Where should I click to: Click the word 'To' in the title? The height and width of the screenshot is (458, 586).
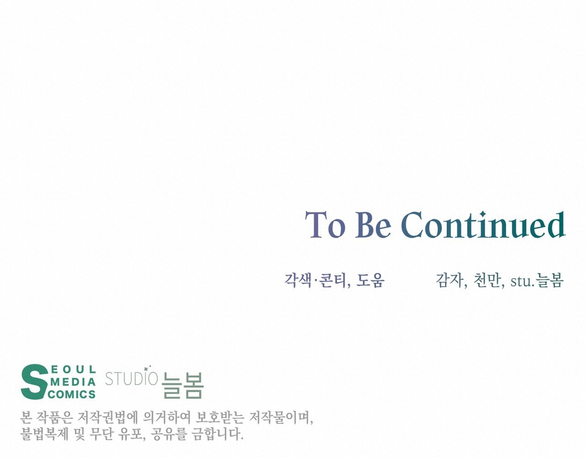point(325,225)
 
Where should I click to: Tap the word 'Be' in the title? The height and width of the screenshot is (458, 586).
point(374,225)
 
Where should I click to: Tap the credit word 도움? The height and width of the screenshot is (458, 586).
point(370,280)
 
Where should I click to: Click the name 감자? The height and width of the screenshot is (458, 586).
point(449,280)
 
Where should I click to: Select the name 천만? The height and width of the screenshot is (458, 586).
point(487,280)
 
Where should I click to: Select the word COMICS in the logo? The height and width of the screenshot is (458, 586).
point(71,395)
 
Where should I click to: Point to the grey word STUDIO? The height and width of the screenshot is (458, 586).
point(131,378)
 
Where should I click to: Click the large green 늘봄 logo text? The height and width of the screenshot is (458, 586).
point(182,385)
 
